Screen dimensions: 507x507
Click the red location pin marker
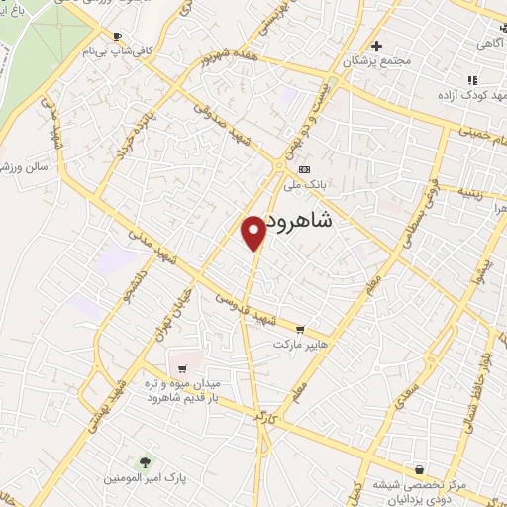[x=254, y=232]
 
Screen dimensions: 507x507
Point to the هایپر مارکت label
[x=302, y=346]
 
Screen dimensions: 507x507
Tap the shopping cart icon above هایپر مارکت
[x=301, y=331]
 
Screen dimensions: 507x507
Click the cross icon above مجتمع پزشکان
[x=375, y=46]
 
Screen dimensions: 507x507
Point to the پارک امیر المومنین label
[x=146, y=479]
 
